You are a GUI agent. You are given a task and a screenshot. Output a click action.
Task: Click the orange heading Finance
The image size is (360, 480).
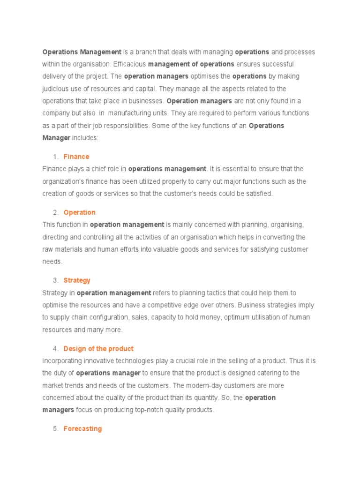[76, 157]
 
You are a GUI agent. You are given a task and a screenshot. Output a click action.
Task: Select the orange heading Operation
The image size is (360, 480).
[79, 212]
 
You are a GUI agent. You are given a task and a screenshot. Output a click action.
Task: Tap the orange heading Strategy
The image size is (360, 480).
[77, 280]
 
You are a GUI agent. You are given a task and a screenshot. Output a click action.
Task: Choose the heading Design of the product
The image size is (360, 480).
[98, 349]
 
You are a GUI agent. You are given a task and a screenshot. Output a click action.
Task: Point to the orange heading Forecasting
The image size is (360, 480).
[82, 428]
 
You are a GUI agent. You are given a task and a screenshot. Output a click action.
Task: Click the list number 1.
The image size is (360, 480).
[55, 157]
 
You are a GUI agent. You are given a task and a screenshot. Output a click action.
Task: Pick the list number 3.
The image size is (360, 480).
[55, 280]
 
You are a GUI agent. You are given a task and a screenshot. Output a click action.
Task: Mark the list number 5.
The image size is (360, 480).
[55, 428]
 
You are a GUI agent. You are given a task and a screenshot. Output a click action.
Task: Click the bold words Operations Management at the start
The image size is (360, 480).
[82, 52]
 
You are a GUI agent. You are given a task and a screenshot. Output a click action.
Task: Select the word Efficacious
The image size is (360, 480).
[130, 64]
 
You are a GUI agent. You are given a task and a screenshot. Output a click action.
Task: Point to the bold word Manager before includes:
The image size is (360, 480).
[56, 138]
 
